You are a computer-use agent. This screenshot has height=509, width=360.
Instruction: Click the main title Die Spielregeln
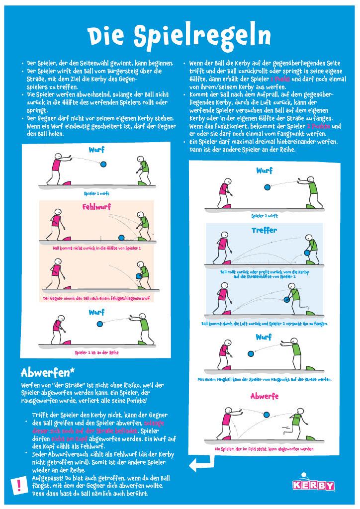[x=180, y=36]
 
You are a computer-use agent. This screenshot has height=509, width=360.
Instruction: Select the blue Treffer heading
[x=264, y=231]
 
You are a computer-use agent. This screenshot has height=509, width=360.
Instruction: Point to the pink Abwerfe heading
[x=264, y=396]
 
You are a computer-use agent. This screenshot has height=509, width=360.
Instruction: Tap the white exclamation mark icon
[x=19, y=484]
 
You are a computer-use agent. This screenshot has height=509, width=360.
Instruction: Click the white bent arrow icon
[x=200, y=465]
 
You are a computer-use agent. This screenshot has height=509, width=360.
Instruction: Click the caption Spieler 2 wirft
[x=265, y=216]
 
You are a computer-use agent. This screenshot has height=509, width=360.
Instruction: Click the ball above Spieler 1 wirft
[x=103, y=164]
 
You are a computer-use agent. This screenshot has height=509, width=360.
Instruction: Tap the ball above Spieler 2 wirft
[x=268, y=187]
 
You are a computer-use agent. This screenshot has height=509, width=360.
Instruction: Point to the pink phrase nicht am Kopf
[x=67, y=438]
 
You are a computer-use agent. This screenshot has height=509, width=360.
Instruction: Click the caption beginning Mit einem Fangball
[x=265, y=379]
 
